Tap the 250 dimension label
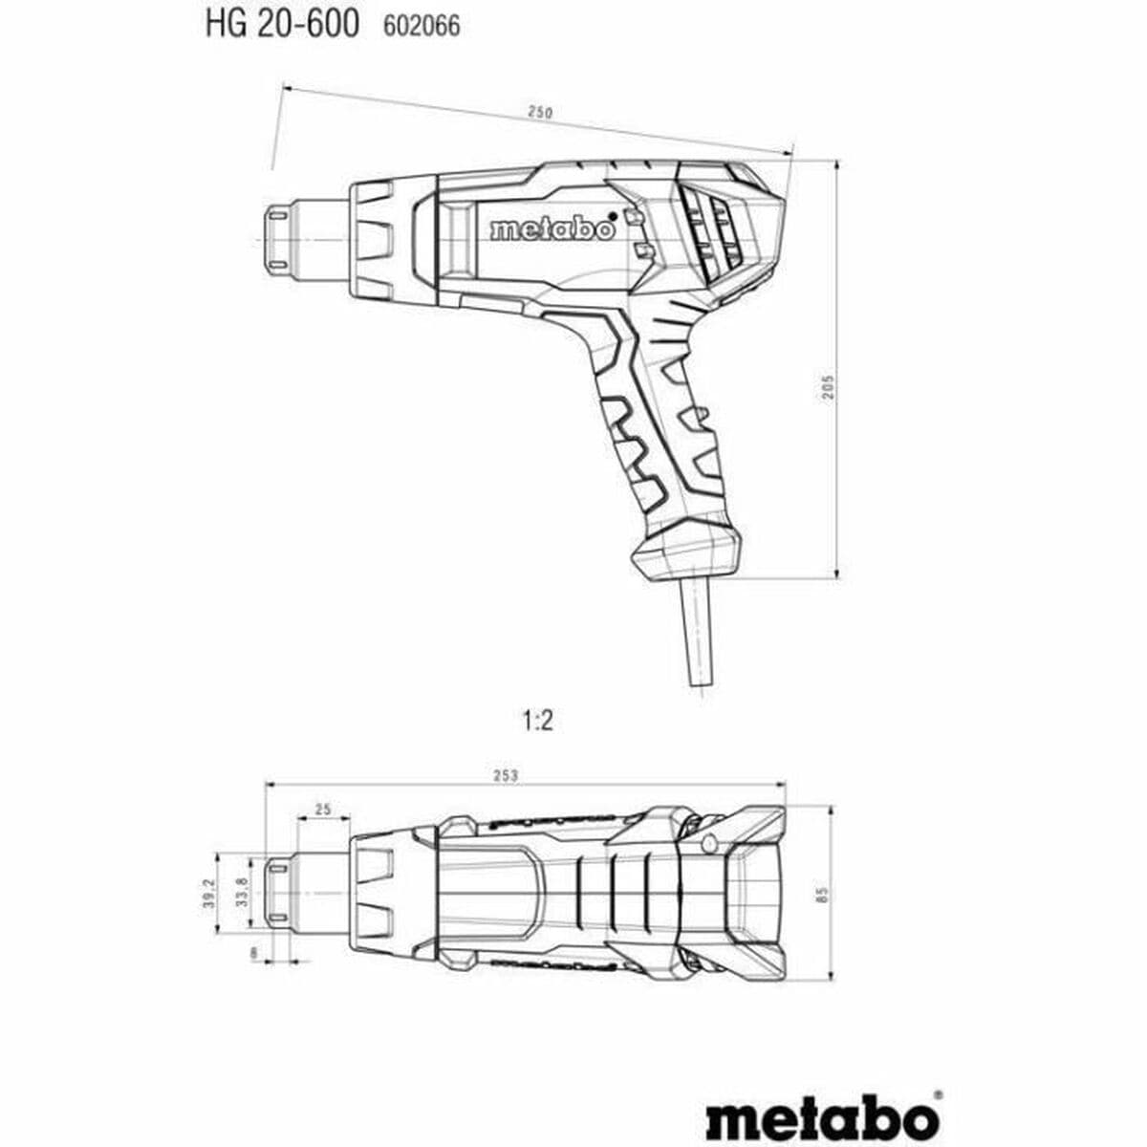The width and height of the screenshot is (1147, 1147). [541, 113]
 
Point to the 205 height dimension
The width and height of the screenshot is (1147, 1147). [829, 385]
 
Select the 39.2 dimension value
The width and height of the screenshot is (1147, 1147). [208, 894]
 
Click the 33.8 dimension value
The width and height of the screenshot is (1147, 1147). [242, 892]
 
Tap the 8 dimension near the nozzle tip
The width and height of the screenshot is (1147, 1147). [253, 952]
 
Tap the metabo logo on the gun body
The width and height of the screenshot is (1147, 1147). [552, 229]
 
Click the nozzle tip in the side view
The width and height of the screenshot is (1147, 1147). [277, 236]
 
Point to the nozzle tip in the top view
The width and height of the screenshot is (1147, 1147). [278, 893]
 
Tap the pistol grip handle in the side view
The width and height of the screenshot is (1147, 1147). [660, 430]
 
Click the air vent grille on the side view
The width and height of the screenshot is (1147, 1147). [711, 227]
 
